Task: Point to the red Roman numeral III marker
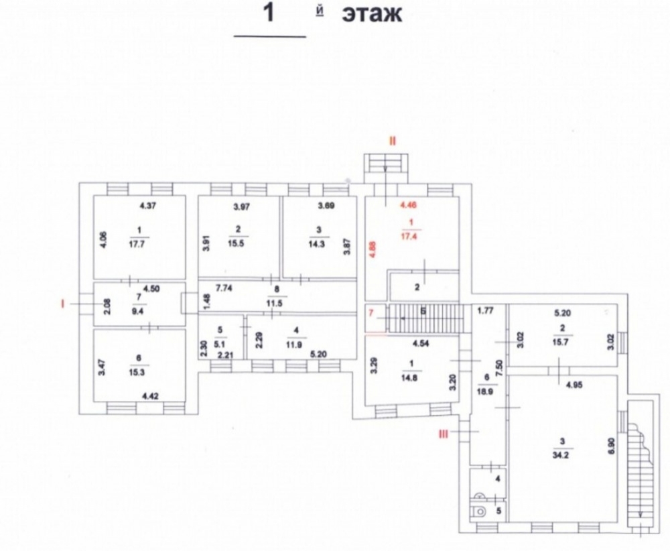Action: coord(443,434)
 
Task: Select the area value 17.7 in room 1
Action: coord(139,245)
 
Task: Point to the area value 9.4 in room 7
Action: coord(139,310)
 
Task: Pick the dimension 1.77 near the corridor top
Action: coord(486,310)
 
